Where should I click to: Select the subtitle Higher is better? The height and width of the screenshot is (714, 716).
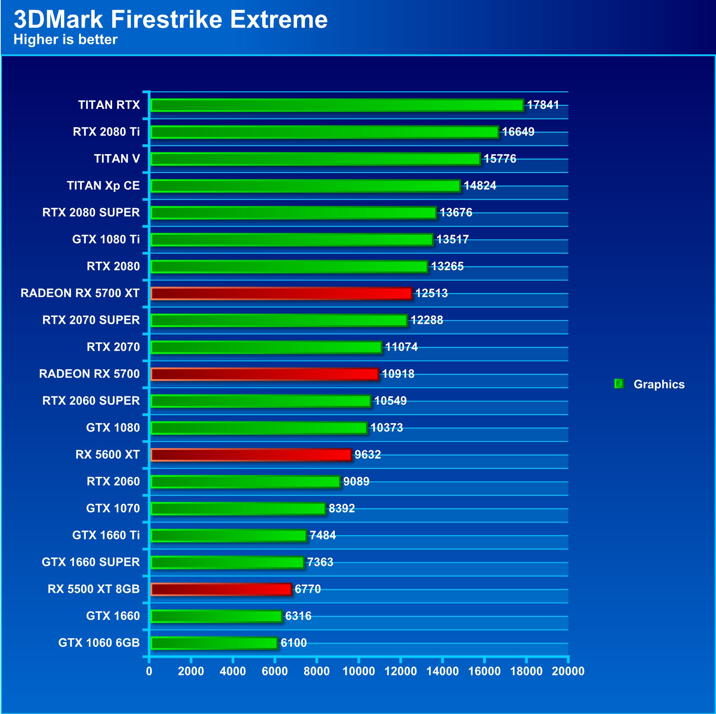[66, 40]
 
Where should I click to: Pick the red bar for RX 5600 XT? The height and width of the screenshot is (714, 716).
[251, 455]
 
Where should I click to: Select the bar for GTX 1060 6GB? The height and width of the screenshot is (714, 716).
[214, 643]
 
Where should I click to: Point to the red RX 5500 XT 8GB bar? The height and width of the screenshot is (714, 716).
[221, 589]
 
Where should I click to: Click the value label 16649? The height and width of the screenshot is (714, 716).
[518, 132]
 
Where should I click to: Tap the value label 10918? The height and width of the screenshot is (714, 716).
[398, 374]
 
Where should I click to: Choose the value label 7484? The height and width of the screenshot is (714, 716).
[322, 535]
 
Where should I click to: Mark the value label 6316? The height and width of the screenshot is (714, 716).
[298, 616]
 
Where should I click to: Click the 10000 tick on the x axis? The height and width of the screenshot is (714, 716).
[358, 671]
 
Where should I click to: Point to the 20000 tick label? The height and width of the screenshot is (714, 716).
[568, 671]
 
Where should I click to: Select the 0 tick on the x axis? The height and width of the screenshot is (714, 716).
[149, 671]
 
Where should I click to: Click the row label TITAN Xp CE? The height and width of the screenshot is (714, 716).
[103, 186]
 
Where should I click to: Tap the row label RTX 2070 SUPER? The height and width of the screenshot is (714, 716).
[91, 320]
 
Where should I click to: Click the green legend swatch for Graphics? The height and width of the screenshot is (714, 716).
[618, 384]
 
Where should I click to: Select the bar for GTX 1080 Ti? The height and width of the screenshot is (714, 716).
[292, 240]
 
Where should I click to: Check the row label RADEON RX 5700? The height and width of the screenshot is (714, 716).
[89, 374]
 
